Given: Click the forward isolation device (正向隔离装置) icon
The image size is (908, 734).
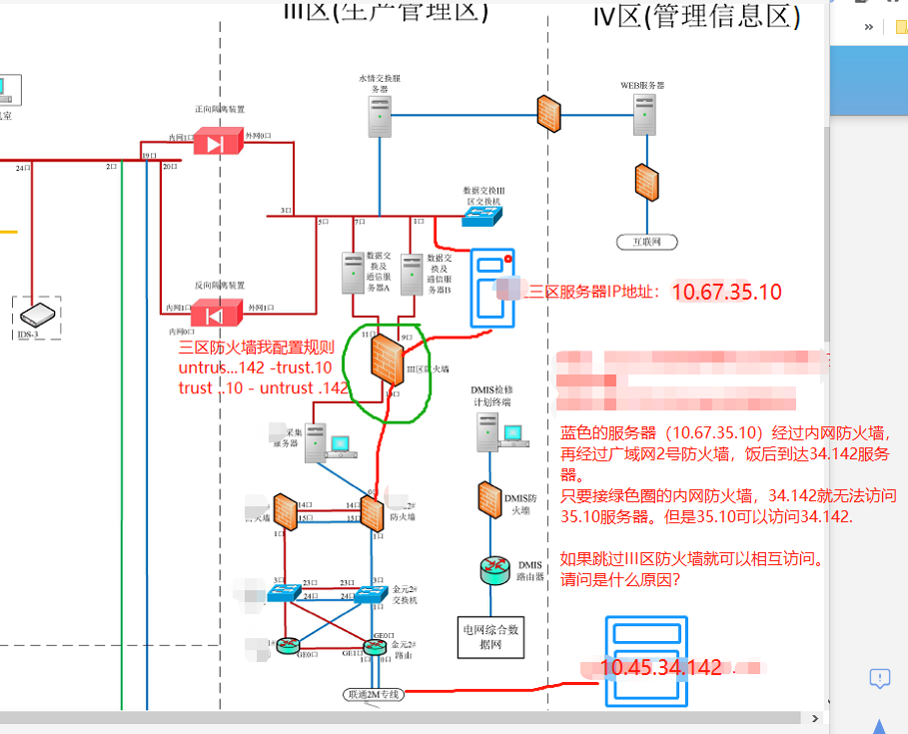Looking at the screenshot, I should point(214,143).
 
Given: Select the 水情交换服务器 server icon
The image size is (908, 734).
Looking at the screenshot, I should point(380,116).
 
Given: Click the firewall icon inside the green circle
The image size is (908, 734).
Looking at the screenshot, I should point(385,358).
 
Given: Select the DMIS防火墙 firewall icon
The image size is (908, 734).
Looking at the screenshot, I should point(489,498).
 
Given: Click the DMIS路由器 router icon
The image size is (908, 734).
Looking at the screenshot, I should point(493,570).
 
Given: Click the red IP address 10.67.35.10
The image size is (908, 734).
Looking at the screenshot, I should point(726,292).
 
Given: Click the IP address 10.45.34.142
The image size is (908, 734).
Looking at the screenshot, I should point(660,668).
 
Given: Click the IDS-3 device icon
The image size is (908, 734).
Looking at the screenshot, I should point(37,315).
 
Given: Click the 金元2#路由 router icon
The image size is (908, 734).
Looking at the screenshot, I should point(375,647).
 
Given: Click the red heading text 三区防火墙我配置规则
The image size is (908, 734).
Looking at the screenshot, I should point(256,349).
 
